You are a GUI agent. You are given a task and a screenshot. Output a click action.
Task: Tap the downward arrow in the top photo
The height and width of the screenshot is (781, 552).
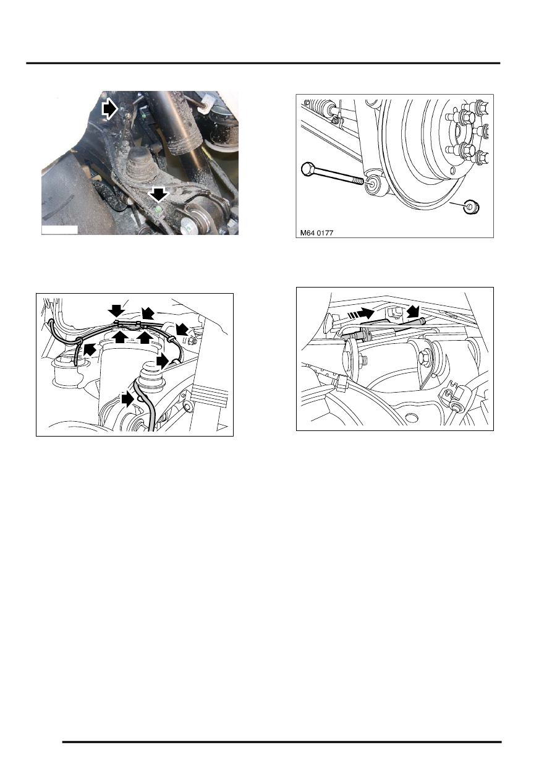[159, 196]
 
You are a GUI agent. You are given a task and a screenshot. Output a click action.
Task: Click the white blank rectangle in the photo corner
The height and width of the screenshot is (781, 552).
[59, 229]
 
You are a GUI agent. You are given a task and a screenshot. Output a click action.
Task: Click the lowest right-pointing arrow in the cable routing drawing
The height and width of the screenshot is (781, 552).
[127, 400]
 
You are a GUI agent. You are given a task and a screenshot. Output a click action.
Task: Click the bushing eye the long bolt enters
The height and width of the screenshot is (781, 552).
[372, 184]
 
